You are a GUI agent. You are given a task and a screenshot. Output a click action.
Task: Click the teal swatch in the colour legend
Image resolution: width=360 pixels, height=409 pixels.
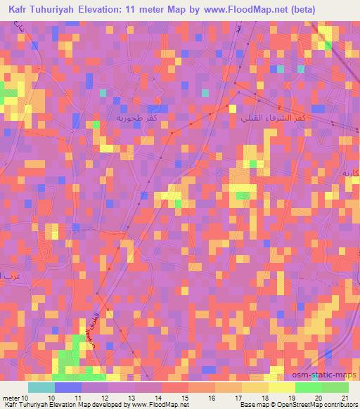[x=41, y=387]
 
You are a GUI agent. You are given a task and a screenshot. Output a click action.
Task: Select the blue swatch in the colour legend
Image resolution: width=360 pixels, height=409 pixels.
[x=67, y=387]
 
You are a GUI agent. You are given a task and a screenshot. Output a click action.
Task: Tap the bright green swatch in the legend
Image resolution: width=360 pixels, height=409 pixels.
[x=308, y=387]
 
